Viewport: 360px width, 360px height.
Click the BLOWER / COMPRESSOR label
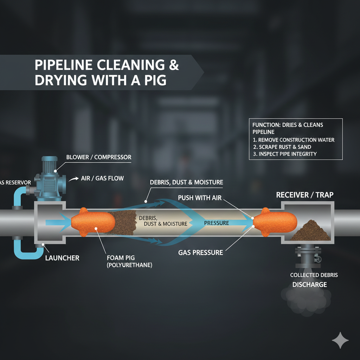click(99, 157)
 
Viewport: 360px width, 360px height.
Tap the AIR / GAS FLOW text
click(102, 178)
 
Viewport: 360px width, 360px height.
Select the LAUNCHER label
click(62, 258)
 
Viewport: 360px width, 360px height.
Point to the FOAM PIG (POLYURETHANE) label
click(129, 262)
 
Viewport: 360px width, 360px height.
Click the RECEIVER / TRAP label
click(305, 195)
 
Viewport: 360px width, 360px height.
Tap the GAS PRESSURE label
click(200, 252)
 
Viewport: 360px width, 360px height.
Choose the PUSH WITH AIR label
click(200, 198)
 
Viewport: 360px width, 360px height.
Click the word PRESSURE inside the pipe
click(217, 223)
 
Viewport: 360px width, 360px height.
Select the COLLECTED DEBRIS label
click(314, 275)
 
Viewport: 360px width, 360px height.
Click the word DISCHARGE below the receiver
click(309, 284)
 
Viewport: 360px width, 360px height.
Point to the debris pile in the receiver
click(311, 232)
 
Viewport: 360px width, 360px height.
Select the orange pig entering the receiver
click(275, 222)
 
